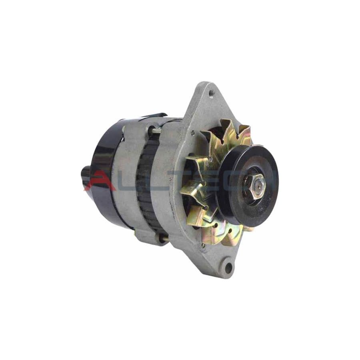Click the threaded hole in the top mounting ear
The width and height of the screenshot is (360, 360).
(x=211, y=93)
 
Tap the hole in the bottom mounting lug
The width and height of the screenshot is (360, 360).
(x=228, y=267)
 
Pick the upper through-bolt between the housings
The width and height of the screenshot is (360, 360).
(x=154, y=129)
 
